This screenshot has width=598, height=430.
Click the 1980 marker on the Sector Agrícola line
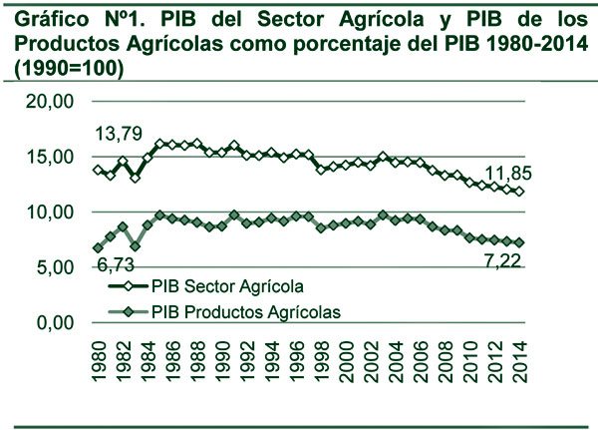click(98, 170)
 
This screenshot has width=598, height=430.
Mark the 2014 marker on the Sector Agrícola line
click(519, 192)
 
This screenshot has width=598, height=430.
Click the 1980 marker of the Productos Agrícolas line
click(98, 248)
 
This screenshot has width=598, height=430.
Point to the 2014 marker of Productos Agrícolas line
click(519, 242)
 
